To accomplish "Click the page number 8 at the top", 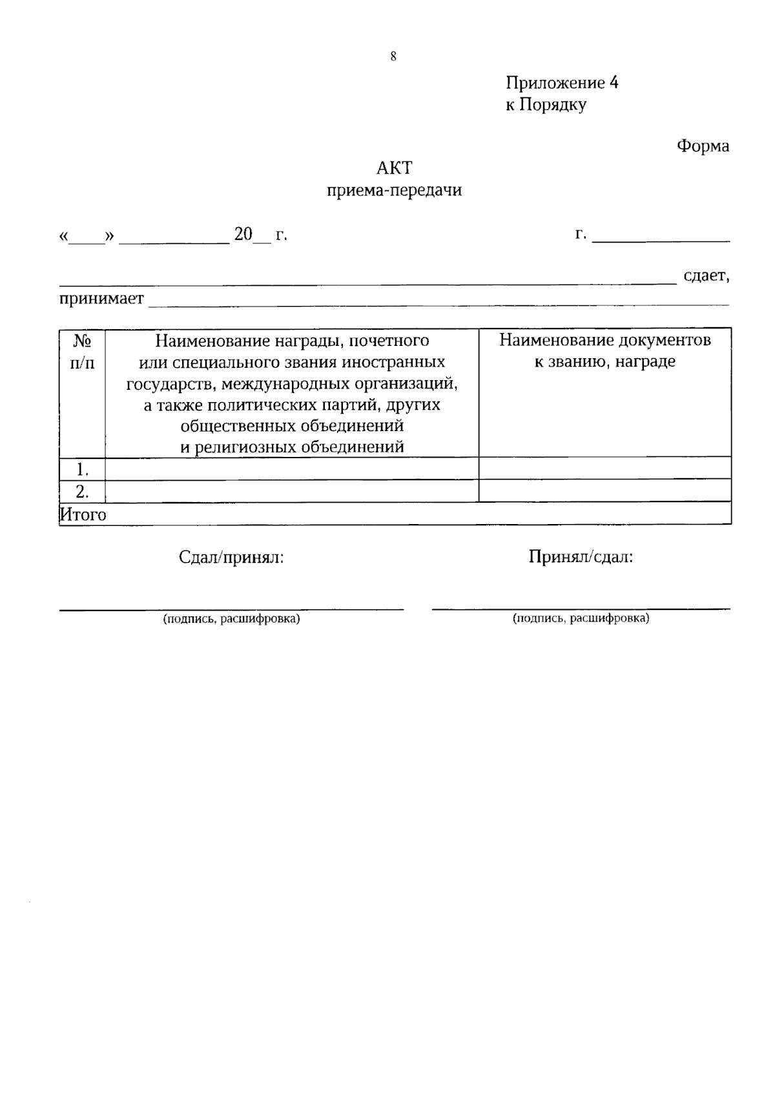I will (393, 57).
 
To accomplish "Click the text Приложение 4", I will (562, 83).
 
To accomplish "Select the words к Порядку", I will (546, 105).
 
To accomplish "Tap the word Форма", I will (703, 146).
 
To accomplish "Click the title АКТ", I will (394, 168).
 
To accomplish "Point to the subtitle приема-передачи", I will (394, 190).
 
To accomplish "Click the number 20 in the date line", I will (243, 234).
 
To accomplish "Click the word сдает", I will (706, 276).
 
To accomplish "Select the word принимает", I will (101, 299).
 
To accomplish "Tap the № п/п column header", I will (82, 352).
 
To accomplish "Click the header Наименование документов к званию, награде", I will (604, 350).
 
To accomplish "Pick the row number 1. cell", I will (82, 469).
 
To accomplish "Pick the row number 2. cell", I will (82, 492).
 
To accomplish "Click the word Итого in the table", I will (83, 514).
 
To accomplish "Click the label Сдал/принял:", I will (231, 558).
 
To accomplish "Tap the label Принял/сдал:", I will (581, 557).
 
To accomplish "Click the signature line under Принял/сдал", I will (581, 607).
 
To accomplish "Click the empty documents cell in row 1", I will (604, 468).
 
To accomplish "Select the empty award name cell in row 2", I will (291, 492).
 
